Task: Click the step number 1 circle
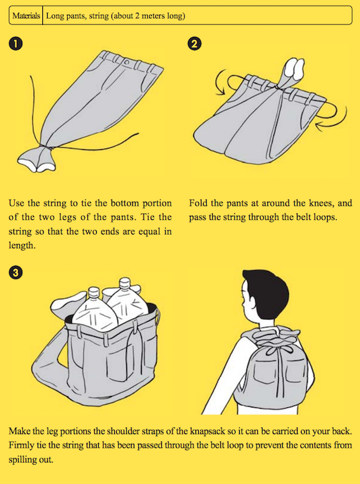[15, 44]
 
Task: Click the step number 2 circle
[194, 44]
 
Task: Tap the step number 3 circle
[15, 272]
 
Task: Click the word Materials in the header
[26, 15]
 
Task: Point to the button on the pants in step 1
[127, 63]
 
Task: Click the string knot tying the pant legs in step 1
[44, 147]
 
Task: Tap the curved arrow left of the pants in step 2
[222, 82]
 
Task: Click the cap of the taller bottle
[125, 282]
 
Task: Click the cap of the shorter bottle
[94, 292]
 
